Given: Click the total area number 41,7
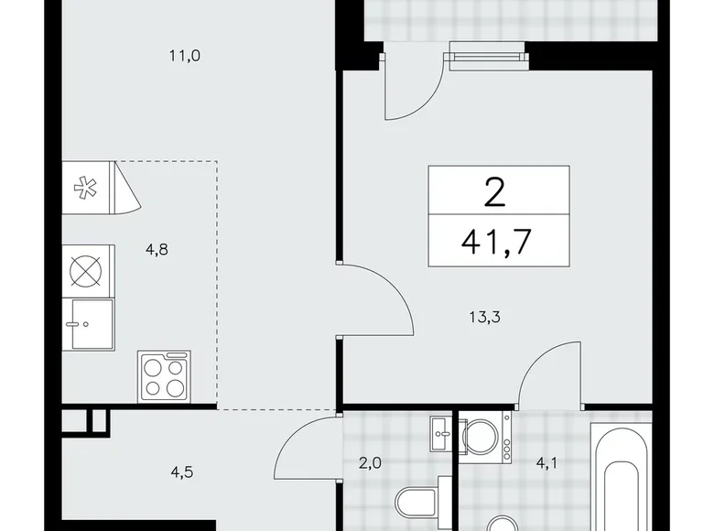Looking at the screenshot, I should coord(499,243).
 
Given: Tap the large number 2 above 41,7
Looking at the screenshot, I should coord(499,192).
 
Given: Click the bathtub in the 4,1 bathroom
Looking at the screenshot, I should coord(621,476).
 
